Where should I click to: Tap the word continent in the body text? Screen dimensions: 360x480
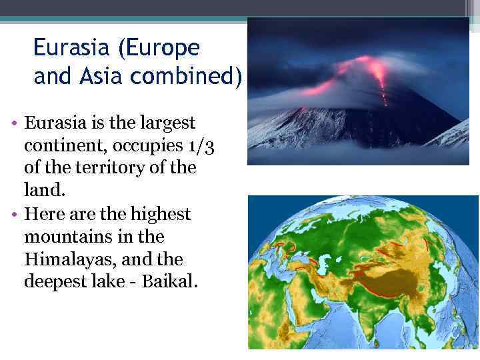pos(62,145)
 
